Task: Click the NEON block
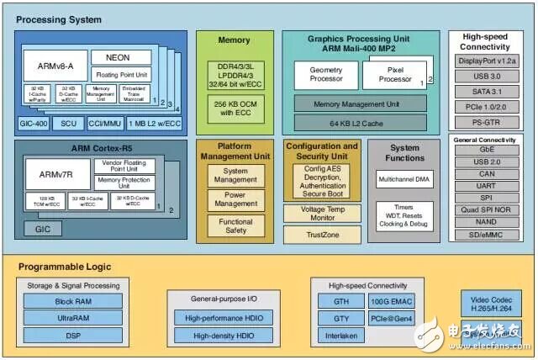(129, 58)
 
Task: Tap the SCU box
(68, 123)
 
